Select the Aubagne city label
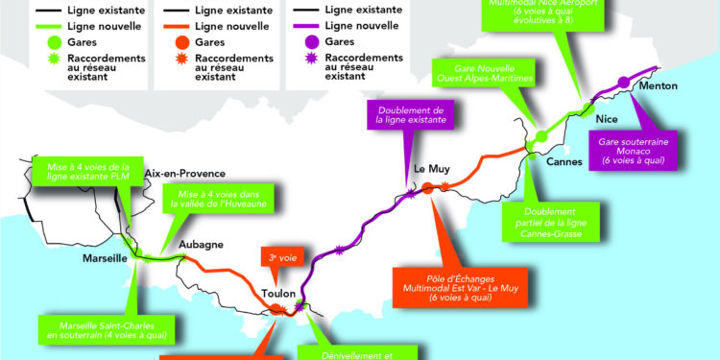pos(202,245)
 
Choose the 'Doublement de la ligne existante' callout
pos(405,116)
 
